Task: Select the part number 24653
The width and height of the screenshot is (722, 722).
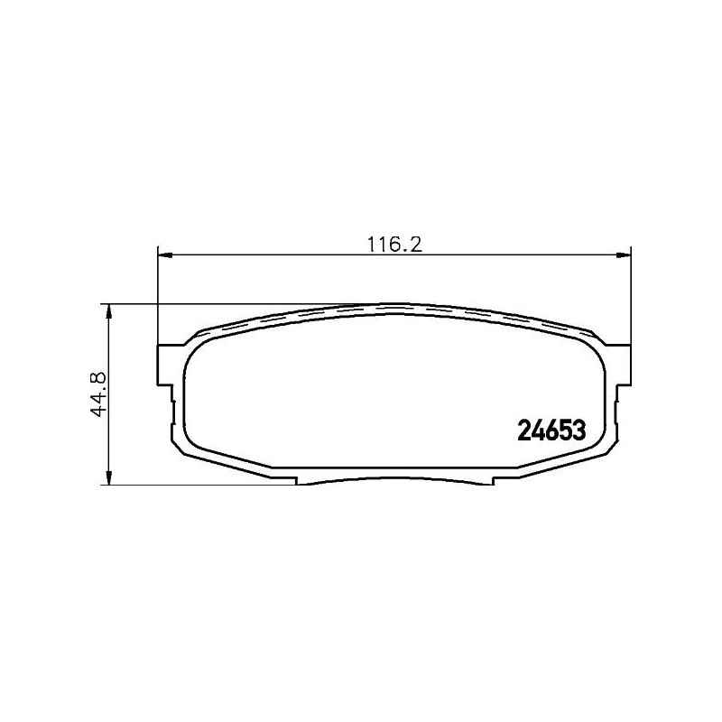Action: tap(551, 431)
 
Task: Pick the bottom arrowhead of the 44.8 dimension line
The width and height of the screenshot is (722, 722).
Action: tap(109, 477)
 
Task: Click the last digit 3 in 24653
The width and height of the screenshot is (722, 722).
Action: tap(580, 431)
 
